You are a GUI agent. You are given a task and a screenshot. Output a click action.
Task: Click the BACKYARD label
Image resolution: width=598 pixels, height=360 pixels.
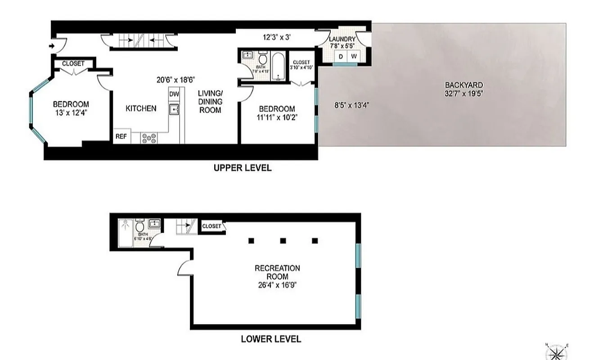click(464, 85)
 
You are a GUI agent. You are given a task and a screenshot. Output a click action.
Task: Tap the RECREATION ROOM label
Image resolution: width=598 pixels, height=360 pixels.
click(277, 272)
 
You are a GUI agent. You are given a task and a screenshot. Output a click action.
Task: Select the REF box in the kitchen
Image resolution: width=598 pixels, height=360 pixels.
click(121, 136)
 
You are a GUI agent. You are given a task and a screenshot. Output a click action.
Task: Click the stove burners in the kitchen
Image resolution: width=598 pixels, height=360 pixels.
click(149, 138)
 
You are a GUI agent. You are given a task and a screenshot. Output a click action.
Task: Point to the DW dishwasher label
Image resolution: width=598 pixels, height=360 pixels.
click(174, 94)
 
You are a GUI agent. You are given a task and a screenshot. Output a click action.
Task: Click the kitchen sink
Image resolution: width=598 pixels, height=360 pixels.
click(174, 108)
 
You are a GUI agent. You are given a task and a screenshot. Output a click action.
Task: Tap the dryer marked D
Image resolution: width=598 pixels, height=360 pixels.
click(341, 56)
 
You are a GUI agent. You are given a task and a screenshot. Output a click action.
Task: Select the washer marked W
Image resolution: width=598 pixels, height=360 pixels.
click(354, 56)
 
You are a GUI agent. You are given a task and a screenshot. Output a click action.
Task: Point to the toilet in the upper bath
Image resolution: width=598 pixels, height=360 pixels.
click(263, 60)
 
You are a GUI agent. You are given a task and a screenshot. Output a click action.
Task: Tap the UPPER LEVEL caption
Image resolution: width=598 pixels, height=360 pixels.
click(242, 168)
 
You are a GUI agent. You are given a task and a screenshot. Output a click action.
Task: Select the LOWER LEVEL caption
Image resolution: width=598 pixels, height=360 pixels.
click(271, 339)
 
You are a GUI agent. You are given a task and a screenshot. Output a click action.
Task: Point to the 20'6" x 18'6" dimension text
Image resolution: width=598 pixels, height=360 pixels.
click(175, 80)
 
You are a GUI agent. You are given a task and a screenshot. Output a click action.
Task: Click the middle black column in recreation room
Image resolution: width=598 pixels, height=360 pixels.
click(283, 240)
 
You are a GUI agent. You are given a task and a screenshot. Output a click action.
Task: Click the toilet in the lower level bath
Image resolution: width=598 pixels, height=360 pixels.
click(140, 225)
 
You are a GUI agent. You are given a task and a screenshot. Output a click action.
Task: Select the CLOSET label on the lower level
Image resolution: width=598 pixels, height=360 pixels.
click(212, 226)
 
